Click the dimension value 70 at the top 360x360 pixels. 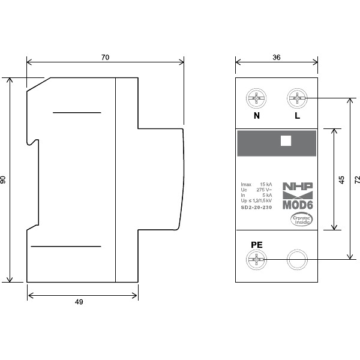point(105,58)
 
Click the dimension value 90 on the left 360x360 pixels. point(4,179)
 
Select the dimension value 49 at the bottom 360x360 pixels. point(79,302)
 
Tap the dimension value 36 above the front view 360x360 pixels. point(277,58)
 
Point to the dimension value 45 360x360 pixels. point(341,179)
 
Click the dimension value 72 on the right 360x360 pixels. point(357,179)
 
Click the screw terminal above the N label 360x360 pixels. point(256,98)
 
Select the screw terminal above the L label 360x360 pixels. point(297,98)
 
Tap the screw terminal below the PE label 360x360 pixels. point(256,259)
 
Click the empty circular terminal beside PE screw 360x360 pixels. point(297,259)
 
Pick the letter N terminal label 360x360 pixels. point(256,116)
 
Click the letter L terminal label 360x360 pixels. point(297,116)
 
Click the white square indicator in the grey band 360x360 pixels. point(286,141)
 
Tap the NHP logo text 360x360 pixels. point(298,187)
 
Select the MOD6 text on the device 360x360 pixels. point(298,205)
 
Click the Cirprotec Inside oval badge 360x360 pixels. point(302,220)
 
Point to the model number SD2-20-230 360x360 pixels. point(256,207)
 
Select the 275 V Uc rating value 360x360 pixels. point(265,190)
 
